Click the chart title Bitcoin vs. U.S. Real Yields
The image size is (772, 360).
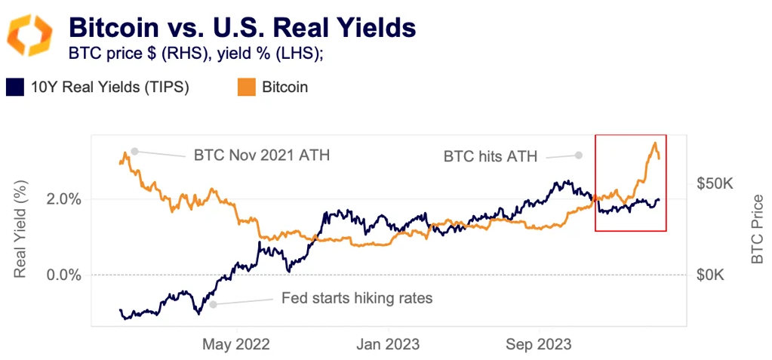point(242,28)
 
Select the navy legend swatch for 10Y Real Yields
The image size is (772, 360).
point(14,87)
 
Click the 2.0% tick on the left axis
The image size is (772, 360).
point(63,199)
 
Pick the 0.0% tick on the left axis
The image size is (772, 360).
point(63,275)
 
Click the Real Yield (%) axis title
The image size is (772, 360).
point(20,230)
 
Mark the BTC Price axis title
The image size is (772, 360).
point(757,227)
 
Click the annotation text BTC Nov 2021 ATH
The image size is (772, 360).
point(262,156)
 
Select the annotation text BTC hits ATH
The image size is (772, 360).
point(491,157)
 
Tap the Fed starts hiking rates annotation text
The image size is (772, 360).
point(357,298)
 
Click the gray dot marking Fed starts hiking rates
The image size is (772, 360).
point(214,304)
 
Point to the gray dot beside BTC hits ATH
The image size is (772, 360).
point(578,155)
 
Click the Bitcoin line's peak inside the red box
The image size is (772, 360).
point(654,143)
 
